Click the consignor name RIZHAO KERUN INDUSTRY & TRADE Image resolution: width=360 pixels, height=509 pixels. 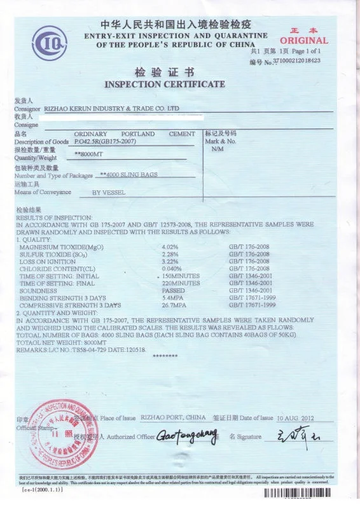tap(116, 109)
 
